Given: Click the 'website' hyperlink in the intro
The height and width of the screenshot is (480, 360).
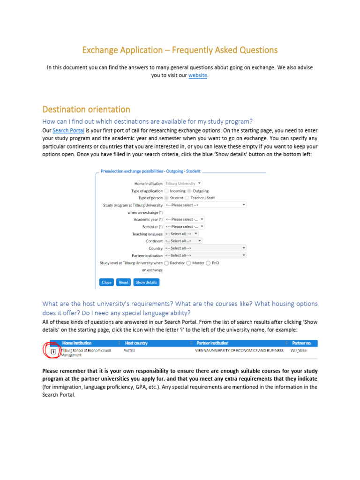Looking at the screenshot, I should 197,75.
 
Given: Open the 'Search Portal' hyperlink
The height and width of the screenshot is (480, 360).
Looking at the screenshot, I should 68,131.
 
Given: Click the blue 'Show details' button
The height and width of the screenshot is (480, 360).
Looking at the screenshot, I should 146,282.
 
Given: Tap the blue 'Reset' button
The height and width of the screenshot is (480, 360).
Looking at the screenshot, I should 123,282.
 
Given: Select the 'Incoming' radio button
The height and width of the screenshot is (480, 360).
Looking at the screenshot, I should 167,191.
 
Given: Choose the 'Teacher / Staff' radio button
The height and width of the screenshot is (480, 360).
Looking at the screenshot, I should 187,198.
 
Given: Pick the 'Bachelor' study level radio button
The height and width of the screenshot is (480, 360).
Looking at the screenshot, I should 167,263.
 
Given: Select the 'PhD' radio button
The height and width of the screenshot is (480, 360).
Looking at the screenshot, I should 208,263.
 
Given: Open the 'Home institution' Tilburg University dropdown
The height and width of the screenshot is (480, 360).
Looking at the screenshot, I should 183,184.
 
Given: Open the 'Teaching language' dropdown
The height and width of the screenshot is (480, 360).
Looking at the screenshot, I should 181,234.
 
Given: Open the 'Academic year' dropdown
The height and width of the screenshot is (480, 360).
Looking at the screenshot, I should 184,219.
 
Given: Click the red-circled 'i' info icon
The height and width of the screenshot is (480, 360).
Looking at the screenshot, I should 53,351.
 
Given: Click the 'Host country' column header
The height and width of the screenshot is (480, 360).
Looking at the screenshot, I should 136,343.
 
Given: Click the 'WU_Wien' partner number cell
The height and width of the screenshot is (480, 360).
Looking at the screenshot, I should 299,350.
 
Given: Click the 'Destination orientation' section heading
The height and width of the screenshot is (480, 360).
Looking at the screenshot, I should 86,110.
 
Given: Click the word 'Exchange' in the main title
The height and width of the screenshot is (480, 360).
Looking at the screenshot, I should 99,50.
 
